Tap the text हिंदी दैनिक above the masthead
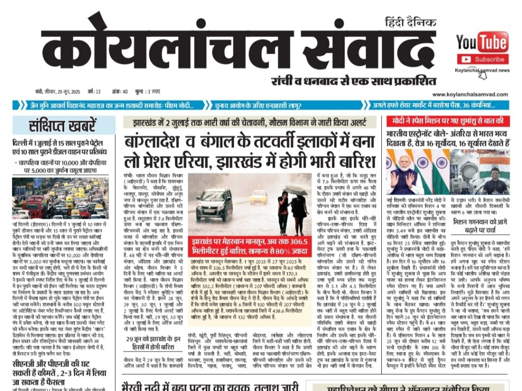point(410,23)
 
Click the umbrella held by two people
point(295,190)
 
